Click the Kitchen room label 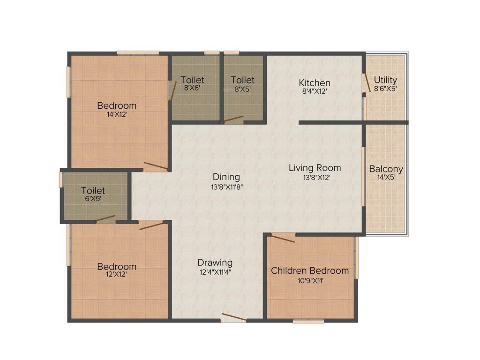click(315, 83)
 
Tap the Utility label click(385, 80)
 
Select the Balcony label click(386, 169)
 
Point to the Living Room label click(315, 167)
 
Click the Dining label click(226, 177)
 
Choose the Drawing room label click(215, 262)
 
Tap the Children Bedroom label click(310, 270)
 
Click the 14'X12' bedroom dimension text click(117, 114)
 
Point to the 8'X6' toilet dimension click(193, 88)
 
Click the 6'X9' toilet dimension click(93, 199)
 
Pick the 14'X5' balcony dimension click(386, 178)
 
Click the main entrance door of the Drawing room click(233, 318)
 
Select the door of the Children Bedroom click(283, 238)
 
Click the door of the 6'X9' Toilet click(105, 218)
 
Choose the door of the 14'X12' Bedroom click(155, 165)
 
